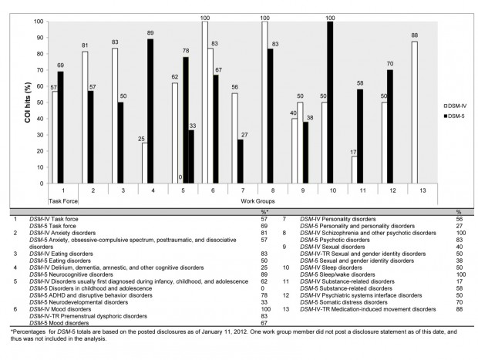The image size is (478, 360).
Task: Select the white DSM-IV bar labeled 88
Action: point(416,113)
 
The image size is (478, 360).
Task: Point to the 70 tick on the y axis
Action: point(39,70)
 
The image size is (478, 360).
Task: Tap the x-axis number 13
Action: point(419,190)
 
